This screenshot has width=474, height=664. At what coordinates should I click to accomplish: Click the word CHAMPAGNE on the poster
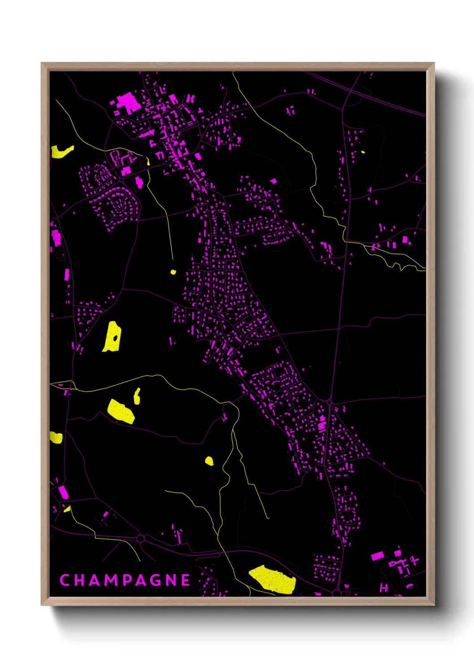[x=125, y=580]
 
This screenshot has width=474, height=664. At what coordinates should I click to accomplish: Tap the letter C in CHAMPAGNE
[x=64, y=580]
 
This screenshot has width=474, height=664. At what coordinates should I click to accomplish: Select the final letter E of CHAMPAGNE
[x=185, y=580]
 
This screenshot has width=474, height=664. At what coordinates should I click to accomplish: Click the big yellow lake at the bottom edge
[x=273, y=579]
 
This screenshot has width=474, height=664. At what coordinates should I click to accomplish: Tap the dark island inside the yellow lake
[x=115, y=337]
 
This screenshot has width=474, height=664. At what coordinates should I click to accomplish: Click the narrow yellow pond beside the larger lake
[x=137, y=396]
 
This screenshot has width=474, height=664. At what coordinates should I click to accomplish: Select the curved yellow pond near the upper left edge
[x=61, y=152]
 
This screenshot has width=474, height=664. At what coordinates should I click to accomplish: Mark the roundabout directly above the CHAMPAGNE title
[x=140, y=538]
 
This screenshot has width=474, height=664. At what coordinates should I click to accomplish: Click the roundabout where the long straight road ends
[x=329, y=402]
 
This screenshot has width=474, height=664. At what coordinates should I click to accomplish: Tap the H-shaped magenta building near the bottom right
[x=384, y=587]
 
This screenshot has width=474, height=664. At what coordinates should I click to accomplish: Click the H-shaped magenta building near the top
[x=191, y=98]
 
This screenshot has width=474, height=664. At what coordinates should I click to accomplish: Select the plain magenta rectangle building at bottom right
[x=377, y=556]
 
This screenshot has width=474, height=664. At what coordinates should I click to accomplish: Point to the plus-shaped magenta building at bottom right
[x=414, y=560]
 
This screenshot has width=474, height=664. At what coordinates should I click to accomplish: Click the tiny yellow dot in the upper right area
[x=362, y=152]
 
